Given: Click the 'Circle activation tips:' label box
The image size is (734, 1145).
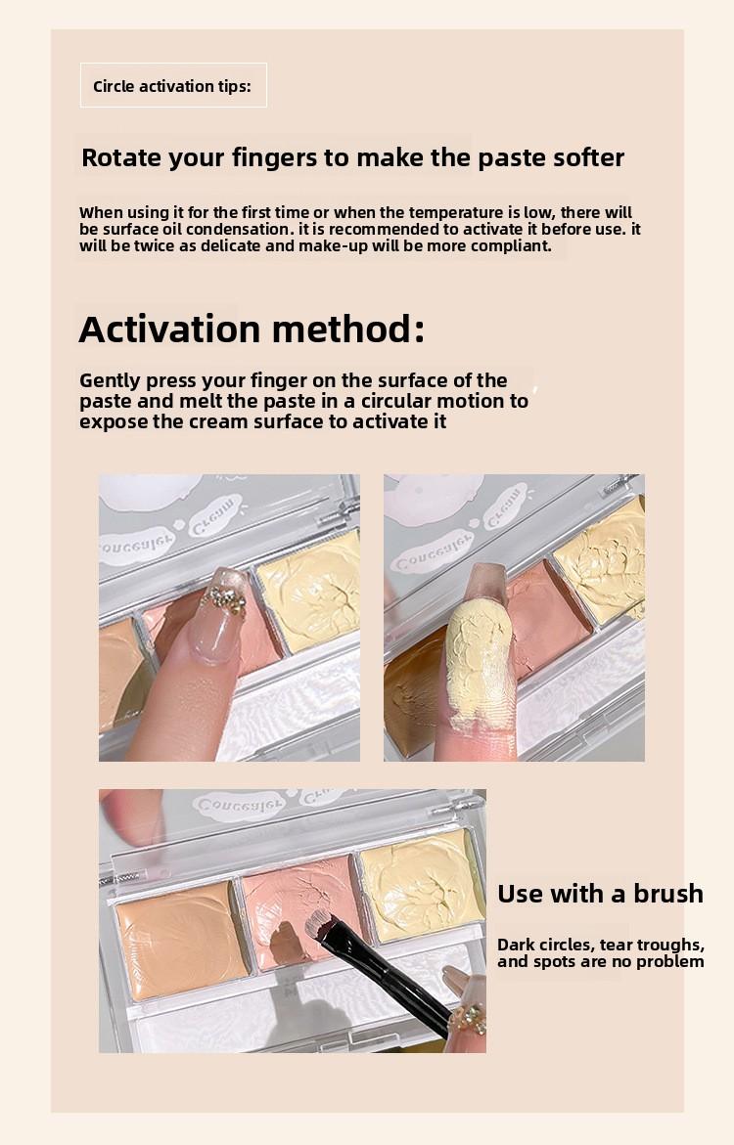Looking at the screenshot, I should point(172,86).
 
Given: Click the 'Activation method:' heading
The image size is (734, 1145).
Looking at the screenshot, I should point(252,330).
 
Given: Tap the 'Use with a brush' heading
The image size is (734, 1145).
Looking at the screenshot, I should point(600,893).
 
